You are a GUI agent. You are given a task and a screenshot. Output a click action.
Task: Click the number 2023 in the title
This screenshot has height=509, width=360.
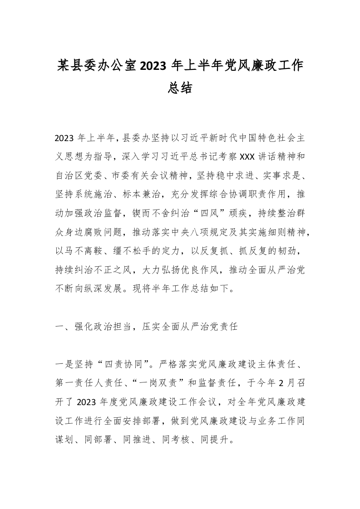tap(154, 66)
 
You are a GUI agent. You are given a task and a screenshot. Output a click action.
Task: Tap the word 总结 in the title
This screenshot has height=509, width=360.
tap(179, 88)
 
